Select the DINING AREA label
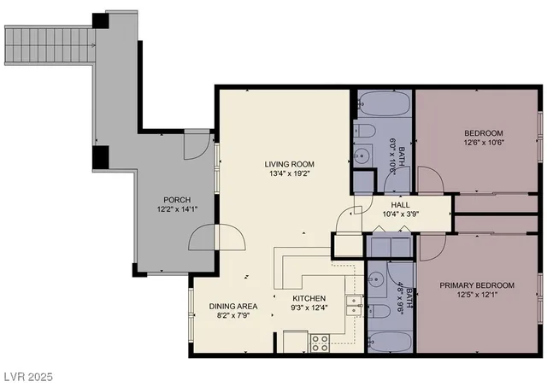(x=233, y=305)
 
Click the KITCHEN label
(x=309, y=299)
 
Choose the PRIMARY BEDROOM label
(x=477, y=284)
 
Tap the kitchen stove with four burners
(x=320, y=343)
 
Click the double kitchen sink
(x=351, y=305)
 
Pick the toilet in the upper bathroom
(x=363, y=131)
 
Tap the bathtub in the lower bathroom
(x=390, y=340)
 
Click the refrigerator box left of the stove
(x=296, y=342)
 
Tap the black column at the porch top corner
(x=101, y=21)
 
